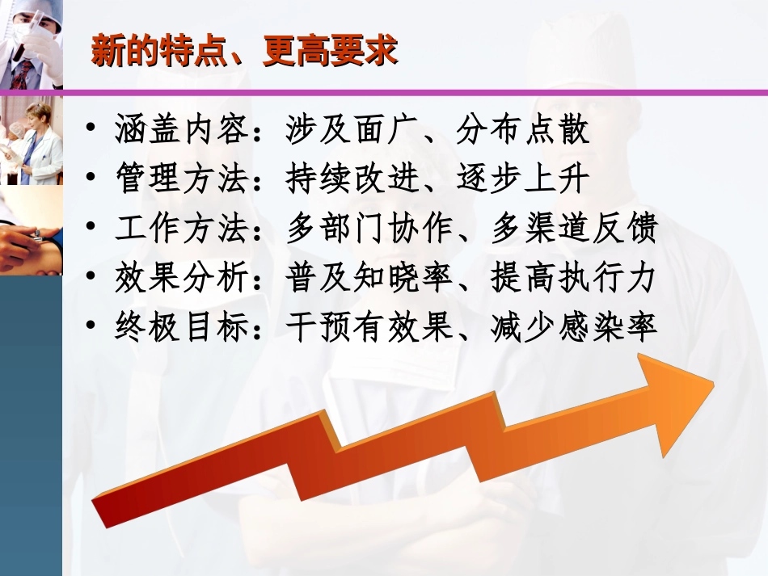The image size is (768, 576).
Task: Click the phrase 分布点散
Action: click(523, 130)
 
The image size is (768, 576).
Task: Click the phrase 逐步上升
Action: click(523, 179)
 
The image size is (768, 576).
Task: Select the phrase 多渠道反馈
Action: click(575, 229)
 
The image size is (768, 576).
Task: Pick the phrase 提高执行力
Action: click(575, 278)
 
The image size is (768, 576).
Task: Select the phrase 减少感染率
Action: click(575, 327)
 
